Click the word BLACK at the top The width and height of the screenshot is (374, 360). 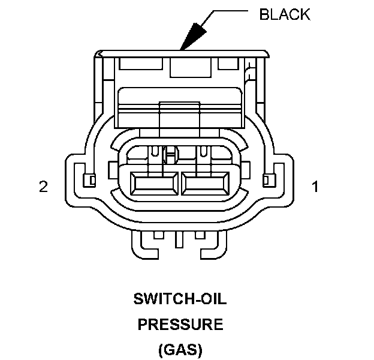[285, 15]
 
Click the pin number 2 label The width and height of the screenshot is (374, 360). [43, 187]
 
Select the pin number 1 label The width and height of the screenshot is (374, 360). [315, 187]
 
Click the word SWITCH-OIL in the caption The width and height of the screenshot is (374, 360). [180, 298]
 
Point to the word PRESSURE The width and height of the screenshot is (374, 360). [180, 325]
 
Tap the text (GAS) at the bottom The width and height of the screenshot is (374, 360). [180, 350]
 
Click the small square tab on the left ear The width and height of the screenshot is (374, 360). [90, 179]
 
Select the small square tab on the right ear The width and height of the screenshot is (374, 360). [267, 179]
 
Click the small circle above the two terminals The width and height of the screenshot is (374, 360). [170, 157]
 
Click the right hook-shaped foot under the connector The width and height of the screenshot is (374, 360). [216, 245]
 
